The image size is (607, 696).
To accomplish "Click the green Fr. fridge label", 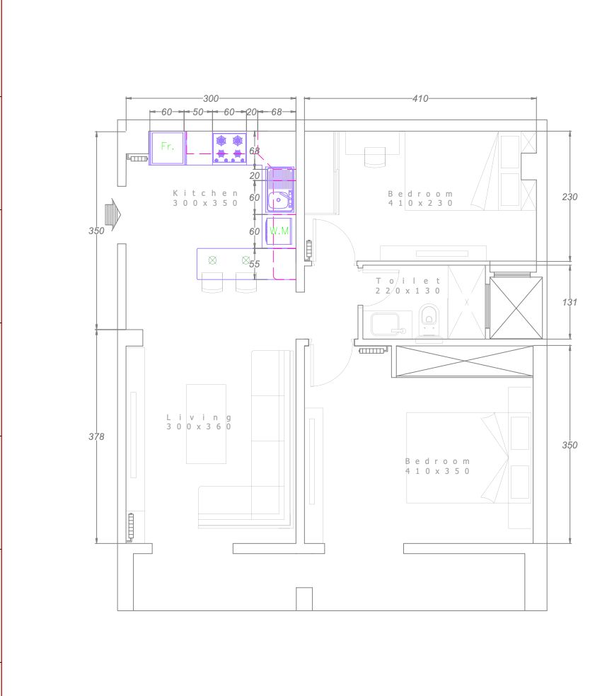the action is pos(168,146).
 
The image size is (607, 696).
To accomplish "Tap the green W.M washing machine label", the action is pos(279,231).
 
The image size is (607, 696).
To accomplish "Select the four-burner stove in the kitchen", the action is pos(229,149).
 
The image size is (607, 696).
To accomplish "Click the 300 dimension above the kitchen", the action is pos(211,98).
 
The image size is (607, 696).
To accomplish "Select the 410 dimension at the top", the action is pos(420,98).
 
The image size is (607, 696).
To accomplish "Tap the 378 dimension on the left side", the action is pos(96,437).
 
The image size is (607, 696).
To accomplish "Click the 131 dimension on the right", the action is pos(570,302).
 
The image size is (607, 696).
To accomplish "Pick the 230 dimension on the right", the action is pos(570,197).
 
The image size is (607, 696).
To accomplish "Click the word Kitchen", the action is pos(205,193).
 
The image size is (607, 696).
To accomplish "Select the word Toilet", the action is pos(407,281).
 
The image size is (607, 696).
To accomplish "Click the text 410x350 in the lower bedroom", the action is pos(437,471).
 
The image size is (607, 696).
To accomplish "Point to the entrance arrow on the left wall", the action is pos(113,215).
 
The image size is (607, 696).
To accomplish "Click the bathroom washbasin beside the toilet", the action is pos(386,324).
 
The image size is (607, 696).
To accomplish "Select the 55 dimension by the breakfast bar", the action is pos(255,264).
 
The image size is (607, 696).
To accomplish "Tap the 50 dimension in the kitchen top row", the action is pos(198,112).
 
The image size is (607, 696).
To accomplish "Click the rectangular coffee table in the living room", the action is pos(206,424).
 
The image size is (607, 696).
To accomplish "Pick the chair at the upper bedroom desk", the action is pos(375,157).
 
